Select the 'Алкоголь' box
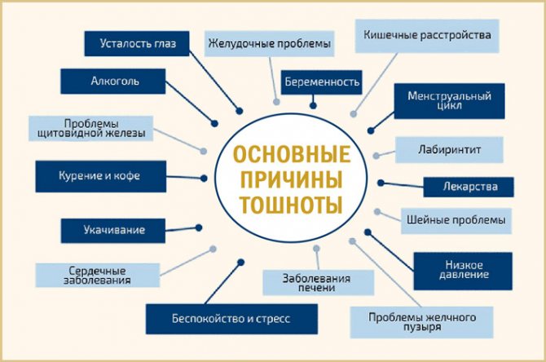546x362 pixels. [x=113, y=82]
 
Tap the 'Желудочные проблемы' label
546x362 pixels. [x=269, y=43]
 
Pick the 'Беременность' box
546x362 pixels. [x=321, y=82]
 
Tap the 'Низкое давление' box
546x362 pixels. [x=463, y=271]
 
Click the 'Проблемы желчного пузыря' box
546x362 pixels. [x=421, y=321]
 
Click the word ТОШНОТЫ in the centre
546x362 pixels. [x=292, y=205]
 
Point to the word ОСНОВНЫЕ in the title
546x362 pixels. [x=292, y=154]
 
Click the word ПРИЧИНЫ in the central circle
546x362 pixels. [x=292, y=179]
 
